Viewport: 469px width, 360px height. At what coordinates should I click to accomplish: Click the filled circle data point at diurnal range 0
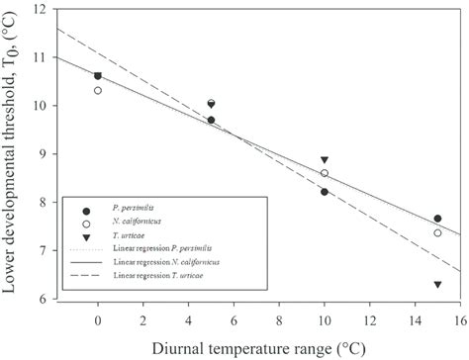[x=98, y=75]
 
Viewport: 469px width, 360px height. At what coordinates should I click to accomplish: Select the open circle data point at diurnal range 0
[x=98, y=90]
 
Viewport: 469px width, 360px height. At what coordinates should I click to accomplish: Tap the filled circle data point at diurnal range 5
[x=211, y=120]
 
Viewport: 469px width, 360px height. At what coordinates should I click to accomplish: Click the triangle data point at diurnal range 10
[x=325, y=160]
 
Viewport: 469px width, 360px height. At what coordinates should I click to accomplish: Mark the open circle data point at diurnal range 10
[x=325, y=173]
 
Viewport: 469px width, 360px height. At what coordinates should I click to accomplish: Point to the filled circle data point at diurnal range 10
[x=325, y=192]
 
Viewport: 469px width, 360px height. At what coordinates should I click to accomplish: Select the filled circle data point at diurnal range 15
[x=437, y=219]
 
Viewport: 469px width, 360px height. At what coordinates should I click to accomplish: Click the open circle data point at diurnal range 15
[x=437, y=232]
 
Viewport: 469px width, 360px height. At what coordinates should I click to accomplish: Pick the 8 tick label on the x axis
[x=279, y=321]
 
